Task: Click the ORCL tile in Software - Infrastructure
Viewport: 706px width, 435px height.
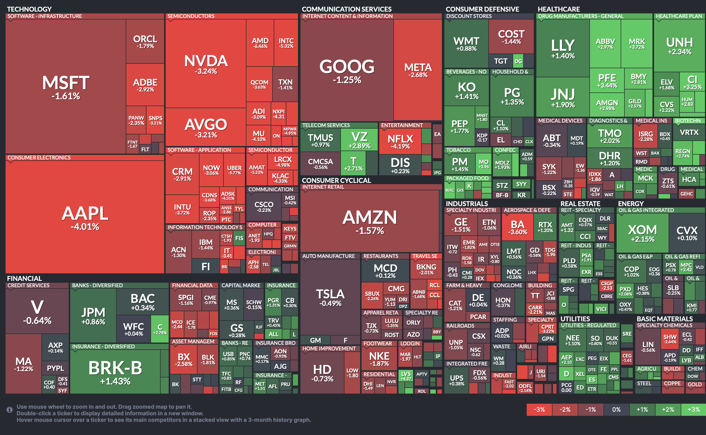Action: pyautogui.click(x=145, y=42)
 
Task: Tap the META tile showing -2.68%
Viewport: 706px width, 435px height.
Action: pyautogui.click(x=418, y=70)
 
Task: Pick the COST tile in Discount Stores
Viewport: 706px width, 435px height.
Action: pyautogui.click(x=511, y=37)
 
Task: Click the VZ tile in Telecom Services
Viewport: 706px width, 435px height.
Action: pyautogui.click(x=359, y=139)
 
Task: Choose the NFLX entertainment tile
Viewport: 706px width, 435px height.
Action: pyautogui.click(x=400, y=141)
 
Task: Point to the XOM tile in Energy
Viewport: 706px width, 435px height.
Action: pyautogui.click(x=642, y=233)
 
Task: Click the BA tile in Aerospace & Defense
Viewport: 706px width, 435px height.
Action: pyautogui.click(x=517, y=227)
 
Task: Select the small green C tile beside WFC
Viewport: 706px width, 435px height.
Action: pyautogui.click(x=160, y=329)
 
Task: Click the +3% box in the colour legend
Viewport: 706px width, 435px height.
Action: pyautogui.click(x=693, y=410)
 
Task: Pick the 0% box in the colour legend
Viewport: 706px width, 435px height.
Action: pyautogui.click(x=616, y=410)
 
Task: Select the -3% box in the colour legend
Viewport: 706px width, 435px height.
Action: pyautogui.click(x=539, y=410)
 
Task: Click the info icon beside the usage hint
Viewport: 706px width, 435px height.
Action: pyautogui.click(x=10, y=409)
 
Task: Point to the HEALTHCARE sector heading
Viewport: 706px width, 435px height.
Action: pyautogui.click(x=559, y=9)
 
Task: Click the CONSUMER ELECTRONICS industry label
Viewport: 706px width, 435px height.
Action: pyautogui.click(x=39, y=158)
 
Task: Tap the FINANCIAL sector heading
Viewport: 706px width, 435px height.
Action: pyautogui.click(x=24, y=278)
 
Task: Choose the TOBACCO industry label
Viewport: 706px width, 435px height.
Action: pyautogui.click(x=458, y=150)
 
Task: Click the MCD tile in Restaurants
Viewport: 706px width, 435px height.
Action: pyautogui.click(x=385, y=271)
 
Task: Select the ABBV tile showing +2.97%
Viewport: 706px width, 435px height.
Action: pyautogui.click(x=605, y=43)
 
